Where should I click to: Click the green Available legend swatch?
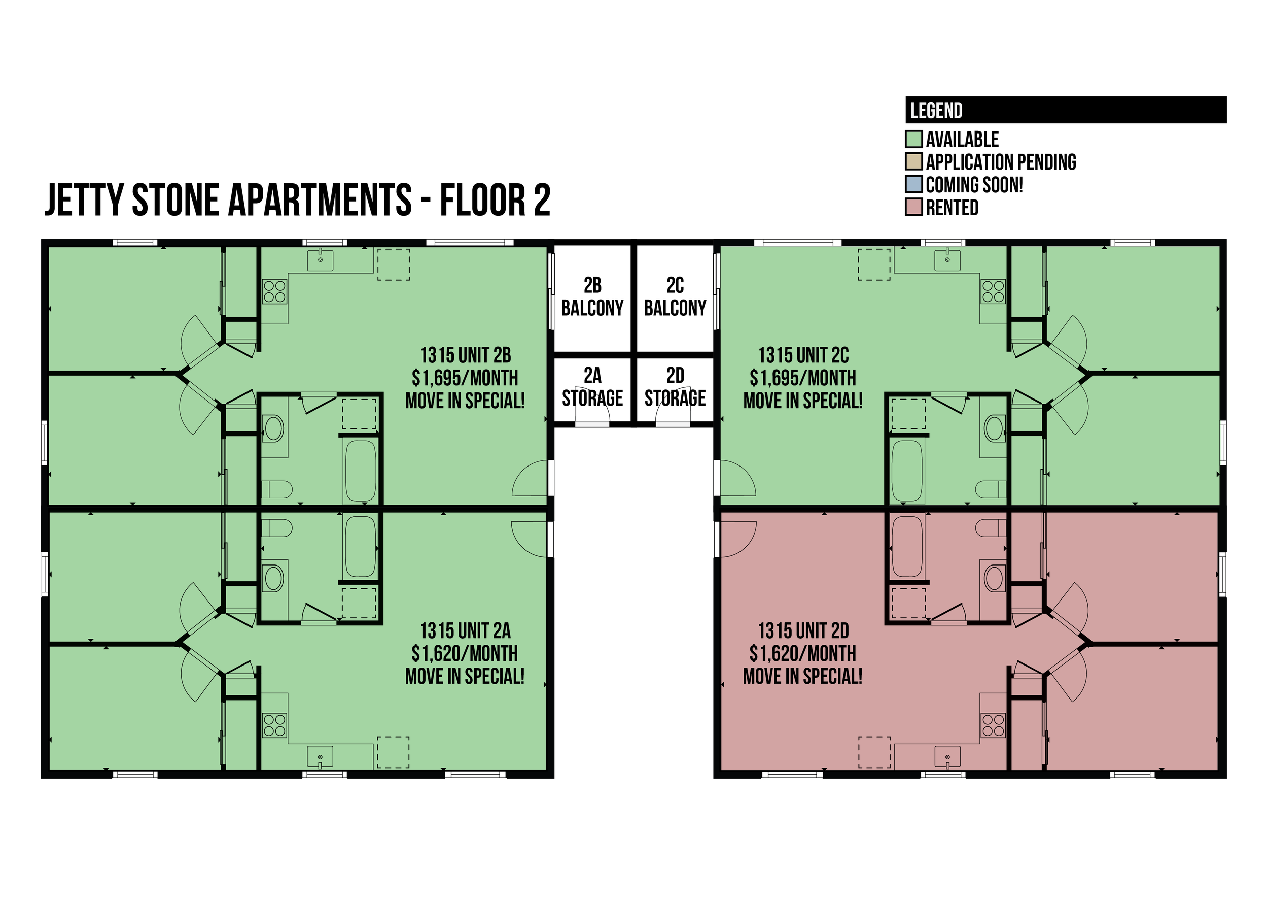pos(914,139)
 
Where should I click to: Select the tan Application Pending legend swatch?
pos(914,161)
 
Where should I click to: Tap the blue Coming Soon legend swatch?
pos(914,184)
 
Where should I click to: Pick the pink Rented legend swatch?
pos(914,207)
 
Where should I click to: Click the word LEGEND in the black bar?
pos(936,111)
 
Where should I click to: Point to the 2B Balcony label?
pos(592,296)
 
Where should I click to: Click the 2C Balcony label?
pos(675,296)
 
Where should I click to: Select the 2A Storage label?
pos(592,386)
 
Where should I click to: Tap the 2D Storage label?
pos(675,386)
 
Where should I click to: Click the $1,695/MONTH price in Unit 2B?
pos(465,378)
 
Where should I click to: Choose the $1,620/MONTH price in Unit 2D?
pos(803,654)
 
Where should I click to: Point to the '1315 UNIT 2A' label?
pos(465,630)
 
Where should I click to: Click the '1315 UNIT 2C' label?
pos(803,355)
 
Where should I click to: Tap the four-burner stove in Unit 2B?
pos(274,291)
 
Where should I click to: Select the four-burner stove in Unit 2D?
pos(994,725)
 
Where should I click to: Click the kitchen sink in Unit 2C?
pos(947,259)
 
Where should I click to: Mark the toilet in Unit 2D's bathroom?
pos(991,528)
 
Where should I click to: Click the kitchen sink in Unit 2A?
pos(321,757)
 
